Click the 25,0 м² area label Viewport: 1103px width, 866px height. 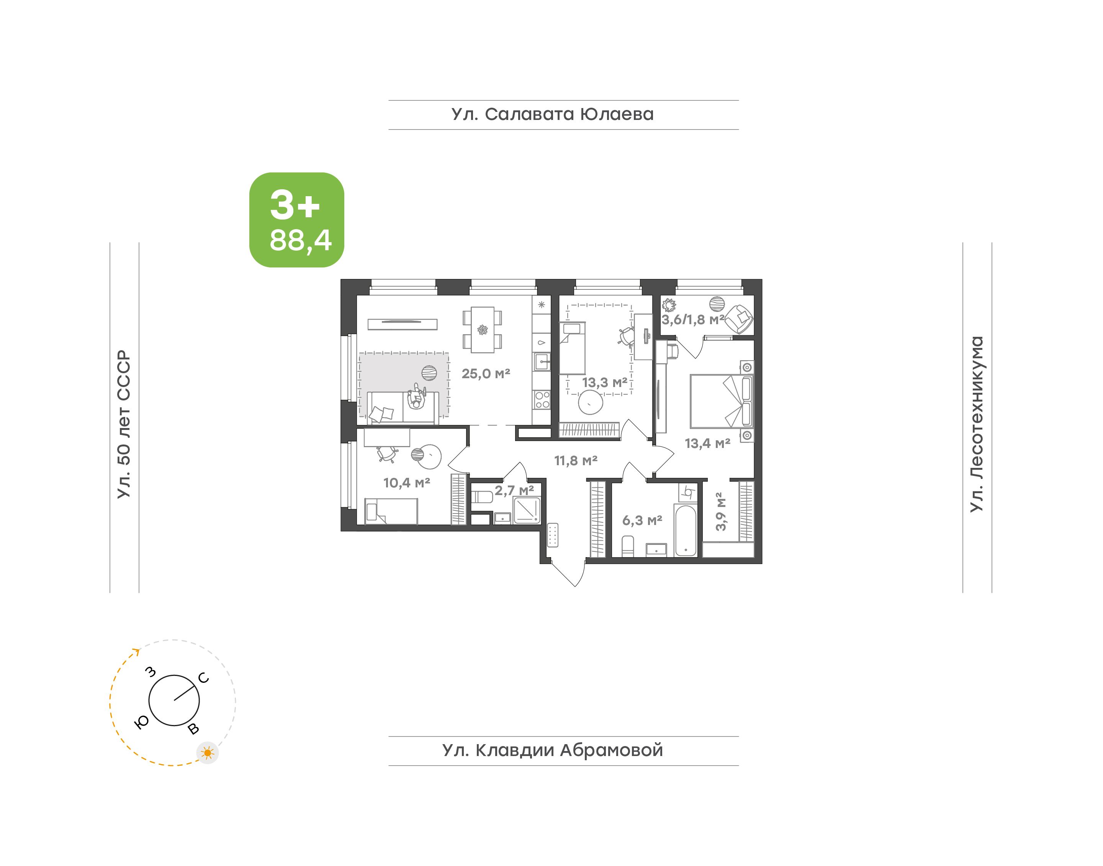(485, 374)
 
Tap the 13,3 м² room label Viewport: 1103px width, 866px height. (604, 382)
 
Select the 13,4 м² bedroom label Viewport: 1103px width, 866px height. (707, 443)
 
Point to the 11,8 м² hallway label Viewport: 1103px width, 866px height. (576, 460)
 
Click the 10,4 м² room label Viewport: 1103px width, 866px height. (406, 483)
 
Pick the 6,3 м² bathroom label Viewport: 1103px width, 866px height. (642, 520)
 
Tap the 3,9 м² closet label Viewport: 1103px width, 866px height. (720, 511)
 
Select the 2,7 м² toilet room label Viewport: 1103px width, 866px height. (514, 490)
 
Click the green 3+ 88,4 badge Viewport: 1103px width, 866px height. (296, 220)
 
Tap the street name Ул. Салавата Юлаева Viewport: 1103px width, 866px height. (552, 115)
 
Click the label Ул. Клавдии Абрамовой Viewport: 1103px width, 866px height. (552, 750)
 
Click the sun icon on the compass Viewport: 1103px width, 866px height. (207, 753)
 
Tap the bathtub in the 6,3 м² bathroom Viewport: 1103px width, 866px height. (686, 530)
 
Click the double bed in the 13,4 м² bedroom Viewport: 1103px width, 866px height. (722, 401)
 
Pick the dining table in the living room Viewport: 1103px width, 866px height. (482, 330)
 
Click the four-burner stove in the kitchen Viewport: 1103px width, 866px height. (542, 400)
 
